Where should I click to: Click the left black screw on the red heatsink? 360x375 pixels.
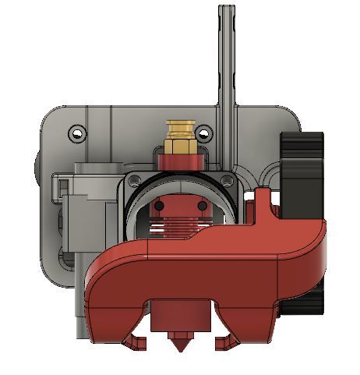(x=159, y=206)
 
